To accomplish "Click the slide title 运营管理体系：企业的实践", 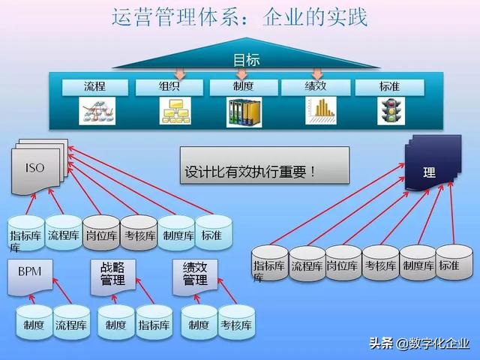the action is coord(239,18).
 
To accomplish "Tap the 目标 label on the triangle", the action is coord(244,59).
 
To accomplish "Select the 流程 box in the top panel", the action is coord(94,87).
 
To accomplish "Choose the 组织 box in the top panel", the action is coord(168,87).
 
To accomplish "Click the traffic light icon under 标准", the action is coord(388,110).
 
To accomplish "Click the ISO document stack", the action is coord(37,166).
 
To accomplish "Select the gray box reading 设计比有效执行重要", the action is coord(264,164).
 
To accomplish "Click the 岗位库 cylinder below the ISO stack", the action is coord(100,233).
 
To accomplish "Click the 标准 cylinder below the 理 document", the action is coord(454,262).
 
